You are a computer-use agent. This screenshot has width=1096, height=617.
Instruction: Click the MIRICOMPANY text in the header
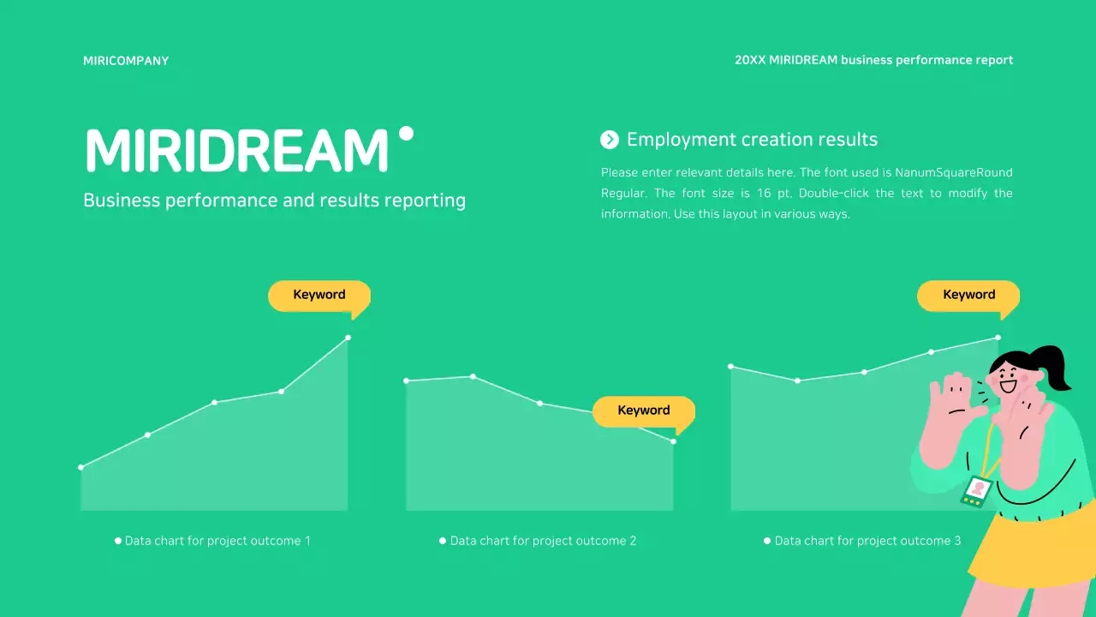coord(126,61)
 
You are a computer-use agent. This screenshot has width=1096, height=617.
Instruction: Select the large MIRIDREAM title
coord(237,152)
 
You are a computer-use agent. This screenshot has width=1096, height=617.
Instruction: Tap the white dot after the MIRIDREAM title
coord(407,134)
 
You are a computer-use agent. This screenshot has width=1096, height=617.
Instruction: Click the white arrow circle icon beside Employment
coord(610,140)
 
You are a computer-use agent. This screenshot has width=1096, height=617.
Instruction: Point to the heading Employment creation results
coord(752,140)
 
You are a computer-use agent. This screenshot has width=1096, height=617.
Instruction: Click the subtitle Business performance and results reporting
coord(274,201)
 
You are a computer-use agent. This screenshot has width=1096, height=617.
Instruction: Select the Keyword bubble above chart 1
coord(319,295)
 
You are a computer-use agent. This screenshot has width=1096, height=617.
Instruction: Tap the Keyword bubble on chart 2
coord(643,410)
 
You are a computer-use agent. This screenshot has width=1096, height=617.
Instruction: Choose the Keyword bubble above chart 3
coord(968,295)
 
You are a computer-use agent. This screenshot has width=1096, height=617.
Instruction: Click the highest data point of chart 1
coord(348,338)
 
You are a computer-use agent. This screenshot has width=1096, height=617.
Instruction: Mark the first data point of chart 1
coord(81,467)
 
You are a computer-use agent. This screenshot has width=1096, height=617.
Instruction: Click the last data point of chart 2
coord(674,441)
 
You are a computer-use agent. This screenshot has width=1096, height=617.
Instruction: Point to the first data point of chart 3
coord(730,367)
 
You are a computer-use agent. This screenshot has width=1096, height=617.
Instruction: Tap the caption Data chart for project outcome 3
coord(867,541)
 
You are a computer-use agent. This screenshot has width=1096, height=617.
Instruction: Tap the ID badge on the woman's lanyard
coord(977,490)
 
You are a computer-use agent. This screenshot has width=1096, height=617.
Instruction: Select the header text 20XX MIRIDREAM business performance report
coord(873,61)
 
